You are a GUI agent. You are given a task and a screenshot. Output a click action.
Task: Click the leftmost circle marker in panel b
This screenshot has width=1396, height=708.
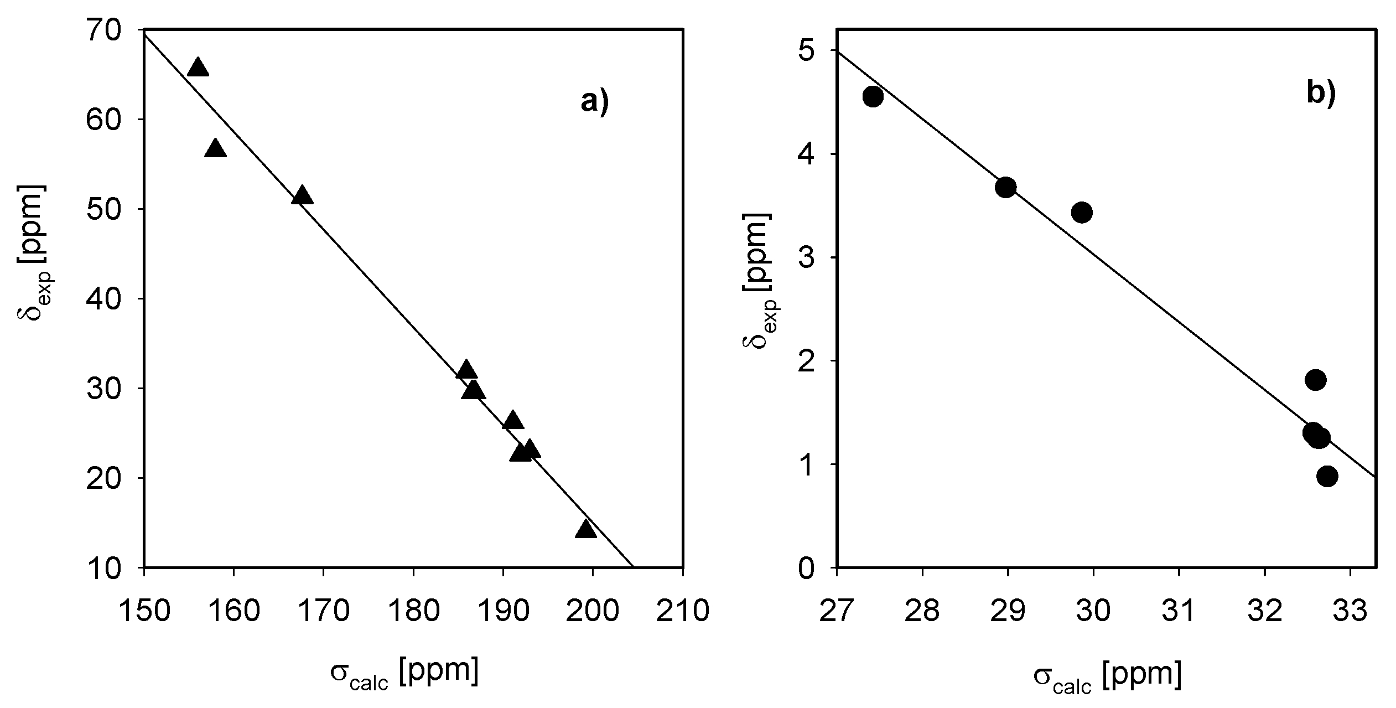pyautogui.click(x=873, y=97)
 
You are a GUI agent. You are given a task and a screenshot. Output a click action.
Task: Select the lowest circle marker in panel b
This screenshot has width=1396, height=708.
pyautogui.click(x=1327, y=476)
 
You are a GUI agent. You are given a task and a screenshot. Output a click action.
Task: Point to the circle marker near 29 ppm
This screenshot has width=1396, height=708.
pyautogui.click(x=1005, y=188)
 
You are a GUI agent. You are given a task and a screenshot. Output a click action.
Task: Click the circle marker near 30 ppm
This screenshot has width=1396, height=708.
pyautogui.click(x=1082, y=212)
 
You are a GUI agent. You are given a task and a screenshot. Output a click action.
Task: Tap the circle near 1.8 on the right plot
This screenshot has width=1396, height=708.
pyautogui.click(x=1315, y=380)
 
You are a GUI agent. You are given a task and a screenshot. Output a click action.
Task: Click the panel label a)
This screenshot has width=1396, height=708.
pyautogui.click(x=595, y=102)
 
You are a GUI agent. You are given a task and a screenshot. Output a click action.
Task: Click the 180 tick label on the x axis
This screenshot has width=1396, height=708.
pyautogui.click(x=413, y=612)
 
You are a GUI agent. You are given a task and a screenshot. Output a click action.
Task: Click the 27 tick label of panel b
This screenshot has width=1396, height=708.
pyautogui.click(x=837, y=612)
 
